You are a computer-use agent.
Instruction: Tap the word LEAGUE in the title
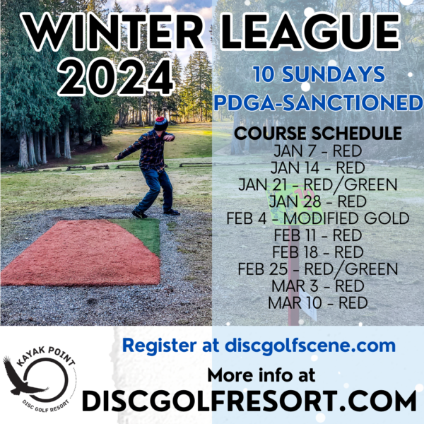[x=310, y=32]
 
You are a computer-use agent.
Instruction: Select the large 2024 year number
[x=115, y=77]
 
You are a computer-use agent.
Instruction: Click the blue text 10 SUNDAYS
[x=319, y=74]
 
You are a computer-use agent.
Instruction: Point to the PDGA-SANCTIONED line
[x=319, y=102]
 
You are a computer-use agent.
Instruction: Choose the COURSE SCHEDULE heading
[x=318, y=133]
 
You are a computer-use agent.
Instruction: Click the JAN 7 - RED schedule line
[x=318, y=151]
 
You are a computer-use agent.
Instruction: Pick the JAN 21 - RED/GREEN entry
[x=318, y=185]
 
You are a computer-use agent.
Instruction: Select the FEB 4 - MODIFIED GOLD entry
[x=318, y=218]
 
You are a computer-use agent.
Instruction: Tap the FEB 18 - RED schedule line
[x=318, y=252]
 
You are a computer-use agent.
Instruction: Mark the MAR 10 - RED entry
[x=318, y=303]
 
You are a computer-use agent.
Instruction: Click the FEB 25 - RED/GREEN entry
[x=318, y=269]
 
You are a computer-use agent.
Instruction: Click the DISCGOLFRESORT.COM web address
[x=249, y=401]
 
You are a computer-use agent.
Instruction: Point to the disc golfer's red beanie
[x=161, y=123]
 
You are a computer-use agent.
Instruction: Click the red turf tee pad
[x=81, y=253]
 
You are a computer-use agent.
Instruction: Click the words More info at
[x=261, y=375]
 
